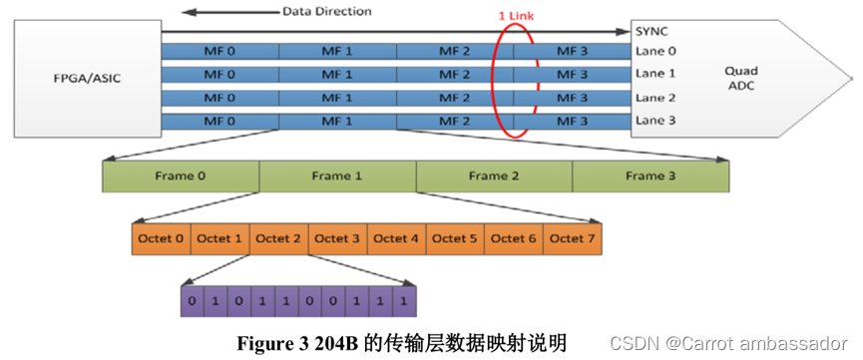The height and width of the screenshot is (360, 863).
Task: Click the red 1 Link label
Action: tap(518, 16)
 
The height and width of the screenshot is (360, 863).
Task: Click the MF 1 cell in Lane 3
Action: tap(337, 122)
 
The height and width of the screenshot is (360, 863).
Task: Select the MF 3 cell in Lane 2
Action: tap(572, 98)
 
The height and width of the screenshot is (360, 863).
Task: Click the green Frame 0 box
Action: tap(181, 177)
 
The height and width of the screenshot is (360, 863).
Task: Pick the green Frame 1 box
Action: tap(337, 177)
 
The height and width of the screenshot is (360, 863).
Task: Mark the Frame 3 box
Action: tap(649, 177)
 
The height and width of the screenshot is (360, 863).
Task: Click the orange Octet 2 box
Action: tap(278, 239)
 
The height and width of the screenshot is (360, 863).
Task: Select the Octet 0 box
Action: tap(161, 239)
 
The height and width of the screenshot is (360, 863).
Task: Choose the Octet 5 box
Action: tap(455, 239)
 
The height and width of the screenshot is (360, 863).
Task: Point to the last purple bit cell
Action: tap(403, 300)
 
